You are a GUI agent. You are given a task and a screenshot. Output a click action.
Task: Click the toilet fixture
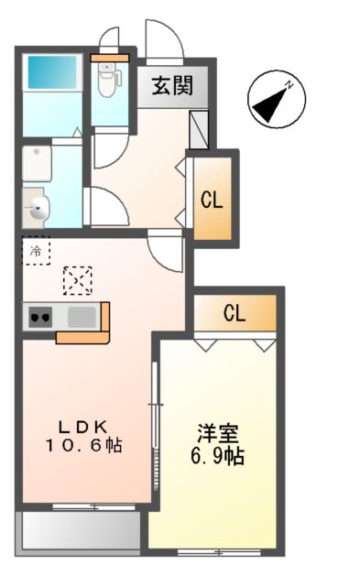[x=110, y=83]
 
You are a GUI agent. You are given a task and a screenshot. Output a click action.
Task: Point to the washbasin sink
[x=37, y=209]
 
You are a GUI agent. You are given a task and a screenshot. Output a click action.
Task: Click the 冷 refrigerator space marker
[x=37, y=251]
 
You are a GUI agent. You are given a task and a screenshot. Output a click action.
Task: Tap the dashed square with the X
[x=78, y=279]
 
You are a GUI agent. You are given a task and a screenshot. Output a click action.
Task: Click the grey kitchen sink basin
[x=81, y=318]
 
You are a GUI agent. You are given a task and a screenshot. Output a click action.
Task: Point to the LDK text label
[x=85, y=426]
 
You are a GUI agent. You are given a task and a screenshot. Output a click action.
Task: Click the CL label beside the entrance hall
[x=212, y=200]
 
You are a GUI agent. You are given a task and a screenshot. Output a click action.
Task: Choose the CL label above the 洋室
[x=235, y=314]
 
